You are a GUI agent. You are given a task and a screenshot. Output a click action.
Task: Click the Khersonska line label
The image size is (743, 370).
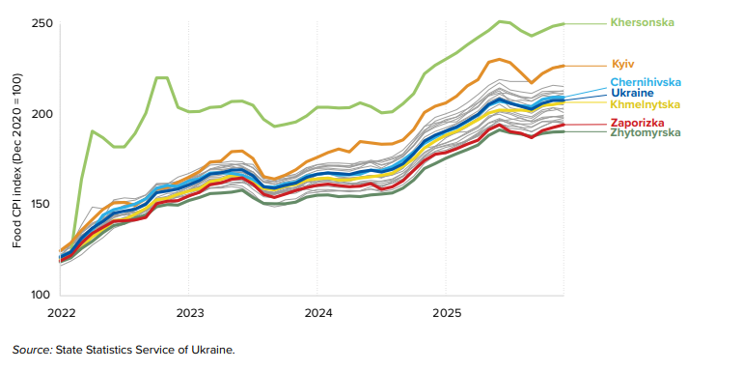642,22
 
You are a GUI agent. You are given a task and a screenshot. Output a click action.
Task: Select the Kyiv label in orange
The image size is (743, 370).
623,64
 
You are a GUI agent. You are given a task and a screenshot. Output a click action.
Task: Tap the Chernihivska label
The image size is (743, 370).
646,82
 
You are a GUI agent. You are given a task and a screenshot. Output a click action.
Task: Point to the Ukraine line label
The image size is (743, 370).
632,93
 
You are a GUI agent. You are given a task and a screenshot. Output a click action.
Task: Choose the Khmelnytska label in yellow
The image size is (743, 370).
645,104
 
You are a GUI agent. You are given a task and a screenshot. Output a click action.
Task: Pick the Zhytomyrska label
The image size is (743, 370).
646,132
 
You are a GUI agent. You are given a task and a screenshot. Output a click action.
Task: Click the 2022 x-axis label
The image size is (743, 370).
61,313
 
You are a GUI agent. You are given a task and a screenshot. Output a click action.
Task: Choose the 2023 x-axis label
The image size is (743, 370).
189,313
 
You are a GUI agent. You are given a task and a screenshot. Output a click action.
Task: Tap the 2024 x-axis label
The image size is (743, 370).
317,313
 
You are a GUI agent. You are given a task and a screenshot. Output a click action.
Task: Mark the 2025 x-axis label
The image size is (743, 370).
447,313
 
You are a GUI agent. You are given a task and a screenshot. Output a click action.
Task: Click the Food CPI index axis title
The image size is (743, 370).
17,160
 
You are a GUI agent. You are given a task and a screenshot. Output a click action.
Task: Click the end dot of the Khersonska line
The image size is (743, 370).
564,23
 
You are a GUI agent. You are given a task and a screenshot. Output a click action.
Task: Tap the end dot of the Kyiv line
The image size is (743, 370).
564,66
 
